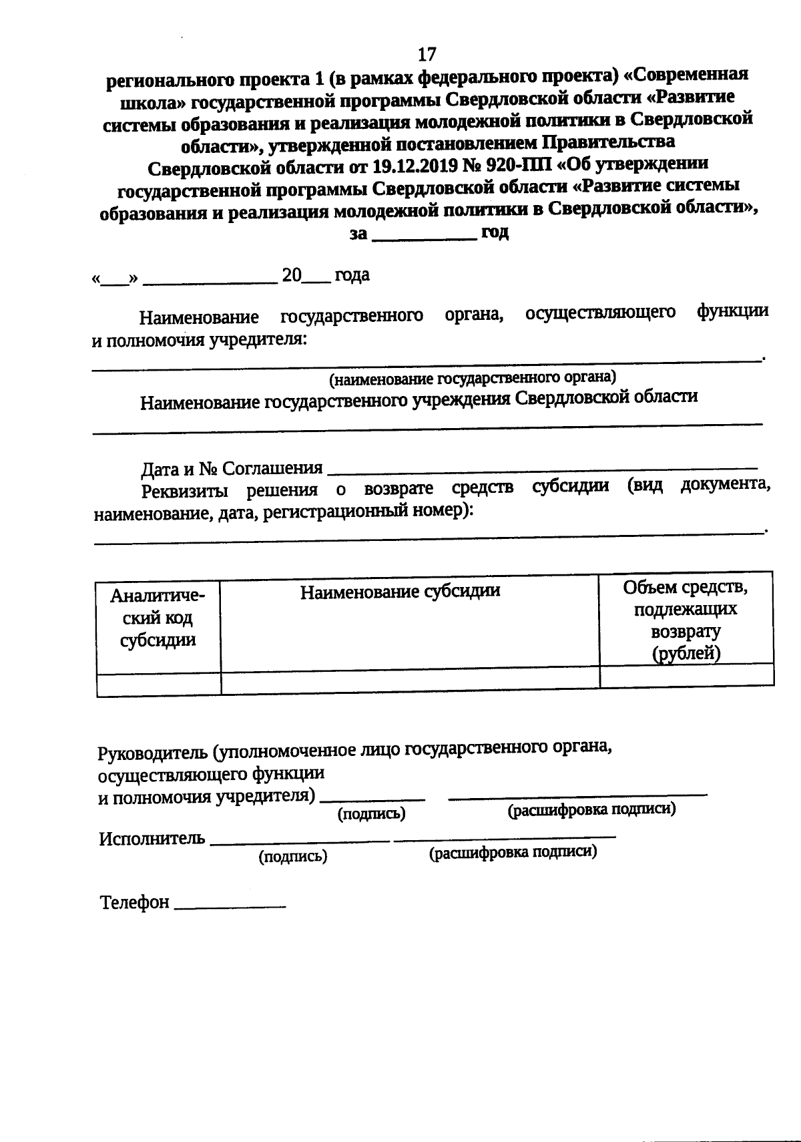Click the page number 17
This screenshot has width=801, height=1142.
click(x=427, y=53)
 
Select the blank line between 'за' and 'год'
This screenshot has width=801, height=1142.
click(x=423, y=236)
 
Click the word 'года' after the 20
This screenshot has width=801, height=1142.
click(x=352, y=274)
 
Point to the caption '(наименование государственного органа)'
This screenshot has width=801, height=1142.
click(x=473, y=379)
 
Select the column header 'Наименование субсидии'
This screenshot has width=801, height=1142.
click(x=400, y=592)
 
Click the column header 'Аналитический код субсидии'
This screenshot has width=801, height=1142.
click(x=158, y=618)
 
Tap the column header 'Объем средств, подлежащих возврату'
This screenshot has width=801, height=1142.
click(x=686, y=620)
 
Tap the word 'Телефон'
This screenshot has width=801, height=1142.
click(x=134, y=902)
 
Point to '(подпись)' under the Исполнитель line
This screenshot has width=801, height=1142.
click(x=292, y=857)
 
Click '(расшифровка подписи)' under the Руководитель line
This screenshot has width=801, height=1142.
click(x=591, y=810)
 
